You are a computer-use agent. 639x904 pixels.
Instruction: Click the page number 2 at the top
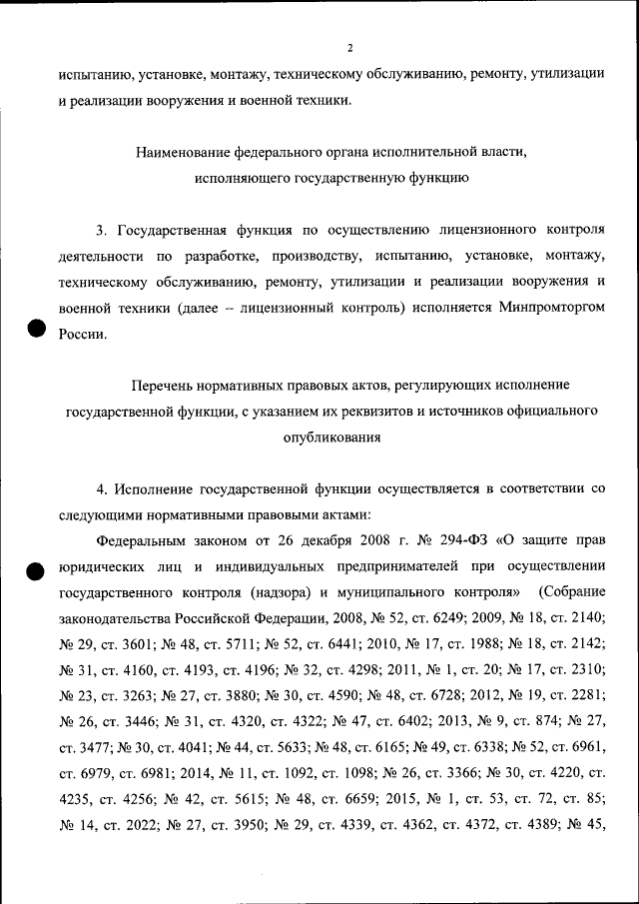349,47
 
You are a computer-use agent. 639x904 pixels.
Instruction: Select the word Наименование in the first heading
185,153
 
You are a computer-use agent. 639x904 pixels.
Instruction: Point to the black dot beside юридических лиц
33,570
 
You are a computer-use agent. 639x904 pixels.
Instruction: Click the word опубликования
330,437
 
